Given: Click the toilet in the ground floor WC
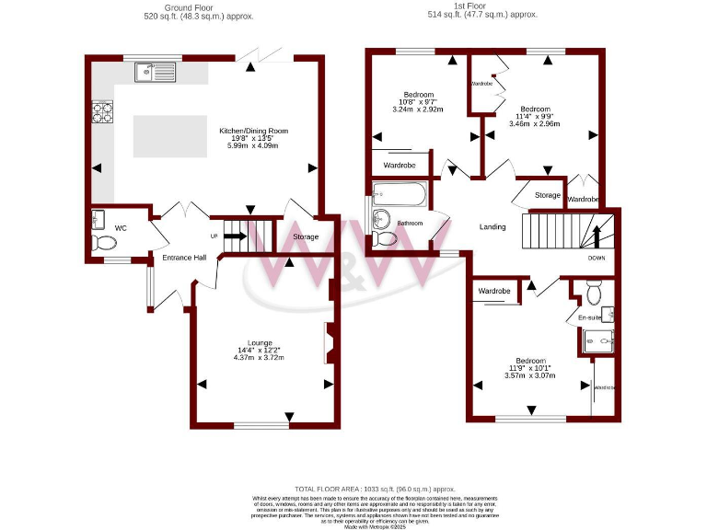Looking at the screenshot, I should pos(104,243).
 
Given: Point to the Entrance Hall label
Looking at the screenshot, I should pos(184,258).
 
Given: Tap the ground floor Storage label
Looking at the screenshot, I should pos(306,237).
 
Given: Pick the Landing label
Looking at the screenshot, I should pos(493,226).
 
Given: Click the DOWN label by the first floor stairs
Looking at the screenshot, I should pos(597,258).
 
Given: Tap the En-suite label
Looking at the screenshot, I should pos(589,317).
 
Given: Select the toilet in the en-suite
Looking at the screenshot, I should pos(594,293).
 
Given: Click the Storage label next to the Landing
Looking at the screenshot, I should pos(548,195).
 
